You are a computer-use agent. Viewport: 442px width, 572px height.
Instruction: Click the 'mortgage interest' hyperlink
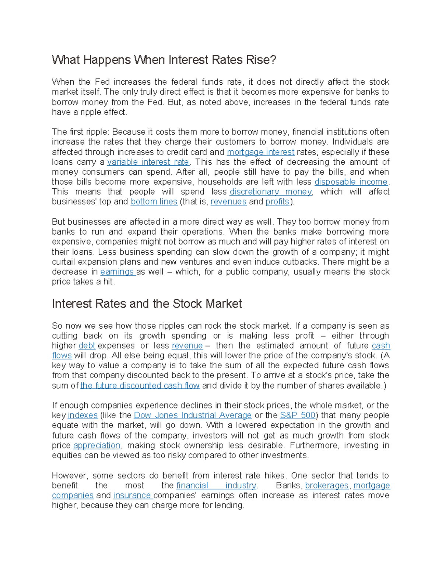click(x=260, y=152)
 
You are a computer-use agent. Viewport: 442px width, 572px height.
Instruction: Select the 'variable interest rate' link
click(x=148, y=162)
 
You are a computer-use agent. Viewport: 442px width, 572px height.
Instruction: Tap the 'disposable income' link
click(x=351, y=182)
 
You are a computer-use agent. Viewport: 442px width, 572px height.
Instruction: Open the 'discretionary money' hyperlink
click(x=271, y=192)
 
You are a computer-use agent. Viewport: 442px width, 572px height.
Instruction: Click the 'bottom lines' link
click(x=154, y=202)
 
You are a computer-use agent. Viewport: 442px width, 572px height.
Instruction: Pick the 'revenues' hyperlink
click(x=228, y=202)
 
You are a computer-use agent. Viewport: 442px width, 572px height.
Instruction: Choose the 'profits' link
click(x=277, y=202)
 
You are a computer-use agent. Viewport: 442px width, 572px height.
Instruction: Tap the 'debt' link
click(x=87, y=346)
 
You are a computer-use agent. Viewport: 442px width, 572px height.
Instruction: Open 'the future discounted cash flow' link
click(x=140, y=386)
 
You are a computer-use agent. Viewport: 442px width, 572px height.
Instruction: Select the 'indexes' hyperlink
click(x=83, y=415)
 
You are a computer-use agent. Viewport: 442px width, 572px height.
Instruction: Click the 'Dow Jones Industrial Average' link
click(x=193, y=415)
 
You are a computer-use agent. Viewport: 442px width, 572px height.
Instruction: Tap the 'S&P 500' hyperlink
click(x=298, y=415)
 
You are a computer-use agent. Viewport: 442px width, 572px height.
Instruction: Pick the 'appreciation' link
click(x=97, y=446)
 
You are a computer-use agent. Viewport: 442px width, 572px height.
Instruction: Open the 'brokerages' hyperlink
click(x=327, y=486)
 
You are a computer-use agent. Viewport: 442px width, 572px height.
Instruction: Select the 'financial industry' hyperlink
click(x=216, y=486)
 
